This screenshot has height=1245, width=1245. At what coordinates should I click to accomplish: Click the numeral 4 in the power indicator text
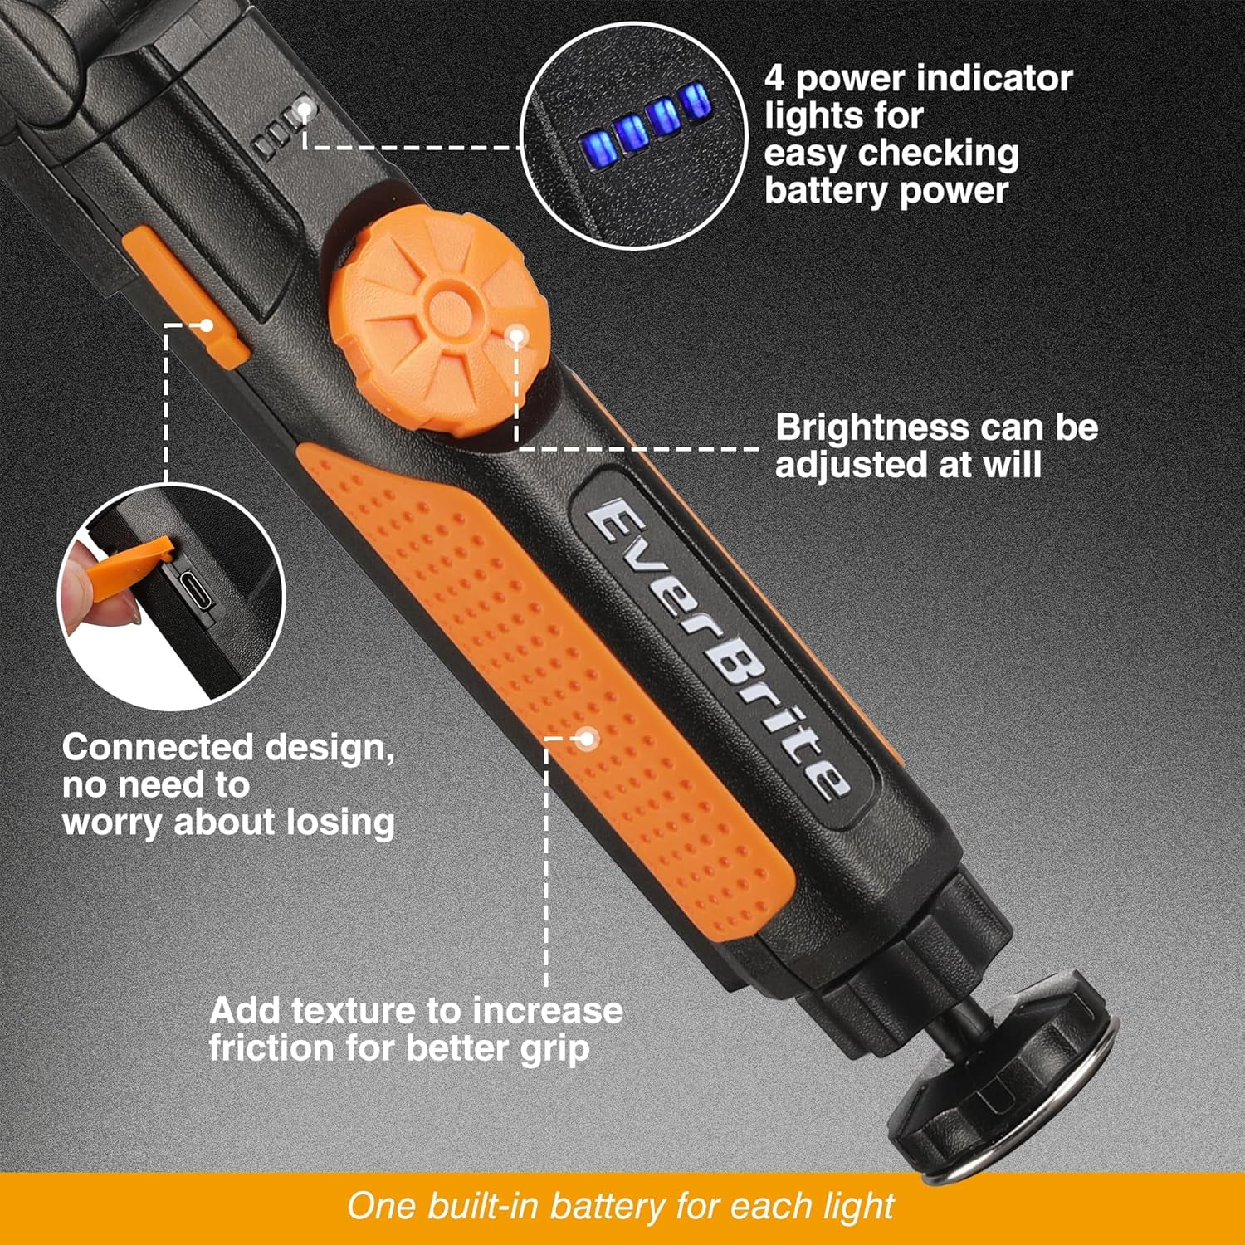[774, 79]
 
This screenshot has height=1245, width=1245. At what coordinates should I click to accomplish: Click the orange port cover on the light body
[184, 295]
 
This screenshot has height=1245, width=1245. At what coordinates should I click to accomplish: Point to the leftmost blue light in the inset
[602, 146]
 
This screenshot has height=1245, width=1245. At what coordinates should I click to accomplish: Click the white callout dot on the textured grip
[587, 738]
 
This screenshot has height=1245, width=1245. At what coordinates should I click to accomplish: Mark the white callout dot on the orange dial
[516, 336]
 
